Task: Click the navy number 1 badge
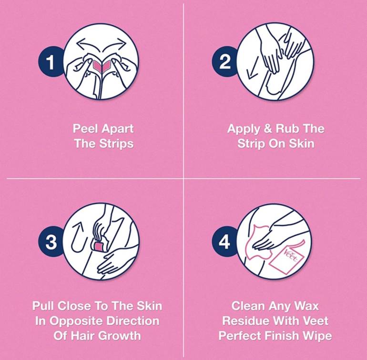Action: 51,62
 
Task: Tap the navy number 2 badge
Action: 224,62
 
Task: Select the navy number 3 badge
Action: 51,241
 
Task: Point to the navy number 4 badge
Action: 224,241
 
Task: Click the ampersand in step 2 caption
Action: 267,129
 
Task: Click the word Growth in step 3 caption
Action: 119,336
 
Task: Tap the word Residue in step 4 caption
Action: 244,320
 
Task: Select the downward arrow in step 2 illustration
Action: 253,67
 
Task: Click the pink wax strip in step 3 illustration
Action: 99,246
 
